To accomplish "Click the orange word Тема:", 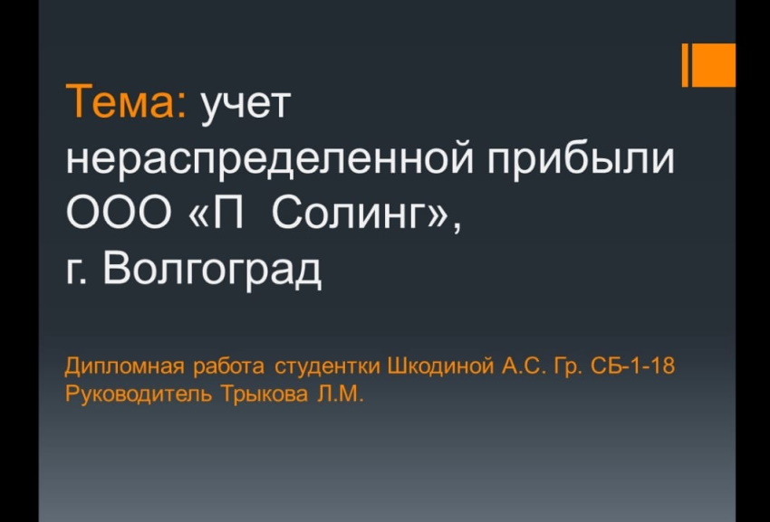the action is pyautogui.click(x=126, y=100).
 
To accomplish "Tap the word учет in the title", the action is pyautogui.click(x=245, y=106).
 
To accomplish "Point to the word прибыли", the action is pyautogui.click(x=581, y=157).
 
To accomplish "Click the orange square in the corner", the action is pyautogui.click(x=715, y=65).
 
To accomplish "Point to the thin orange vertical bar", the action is pyautogui.click(x=686, y=65).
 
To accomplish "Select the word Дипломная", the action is pyautogui.click(x=126, y=367).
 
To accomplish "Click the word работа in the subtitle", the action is pyautogui.click(x=229, y=366).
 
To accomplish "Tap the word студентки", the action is pyautogui.click(x=327, y=367).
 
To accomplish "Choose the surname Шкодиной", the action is pyautogui.click(x=440, y=366).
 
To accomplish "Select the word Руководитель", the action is pyautogui.click(x=139, y=394).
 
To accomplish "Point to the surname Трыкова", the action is pyautogui.click(x=264, y=394).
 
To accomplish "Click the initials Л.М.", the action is pyautogui.click(x=340, y=394).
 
